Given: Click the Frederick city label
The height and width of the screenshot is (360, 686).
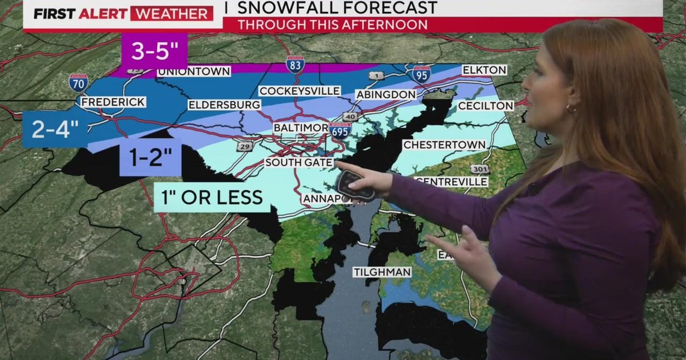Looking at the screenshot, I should coord(113,102).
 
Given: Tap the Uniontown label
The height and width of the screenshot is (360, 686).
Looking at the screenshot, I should coord(194,71).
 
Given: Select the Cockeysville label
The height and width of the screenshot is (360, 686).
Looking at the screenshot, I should coord(300,91).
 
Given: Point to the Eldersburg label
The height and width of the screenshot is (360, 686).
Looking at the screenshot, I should coord(224,105).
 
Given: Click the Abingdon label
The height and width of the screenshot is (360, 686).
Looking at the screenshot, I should coord(385,94).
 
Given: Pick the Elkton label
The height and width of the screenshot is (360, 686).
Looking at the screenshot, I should coord(484,70).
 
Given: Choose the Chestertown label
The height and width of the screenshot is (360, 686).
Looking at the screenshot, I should coord(444,145).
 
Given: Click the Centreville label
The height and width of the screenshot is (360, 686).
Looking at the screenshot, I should coord(453,182).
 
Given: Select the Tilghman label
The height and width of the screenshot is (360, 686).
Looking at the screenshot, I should coord(381,272).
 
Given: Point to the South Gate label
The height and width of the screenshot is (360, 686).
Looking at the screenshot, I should coord(298,163).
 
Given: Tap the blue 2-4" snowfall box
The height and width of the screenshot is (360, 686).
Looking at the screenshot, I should coord(54,130).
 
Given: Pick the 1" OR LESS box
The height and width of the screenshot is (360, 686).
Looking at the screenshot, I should coord(212,197).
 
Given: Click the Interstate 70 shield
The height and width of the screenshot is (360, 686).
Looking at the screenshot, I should coord(78,83).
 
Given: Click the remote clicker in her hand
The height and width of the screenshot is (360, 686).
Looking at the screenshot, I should coord(354,185).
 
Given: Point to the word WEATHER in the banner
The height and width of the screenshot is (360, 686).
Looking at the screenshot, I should coord(171,14).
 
